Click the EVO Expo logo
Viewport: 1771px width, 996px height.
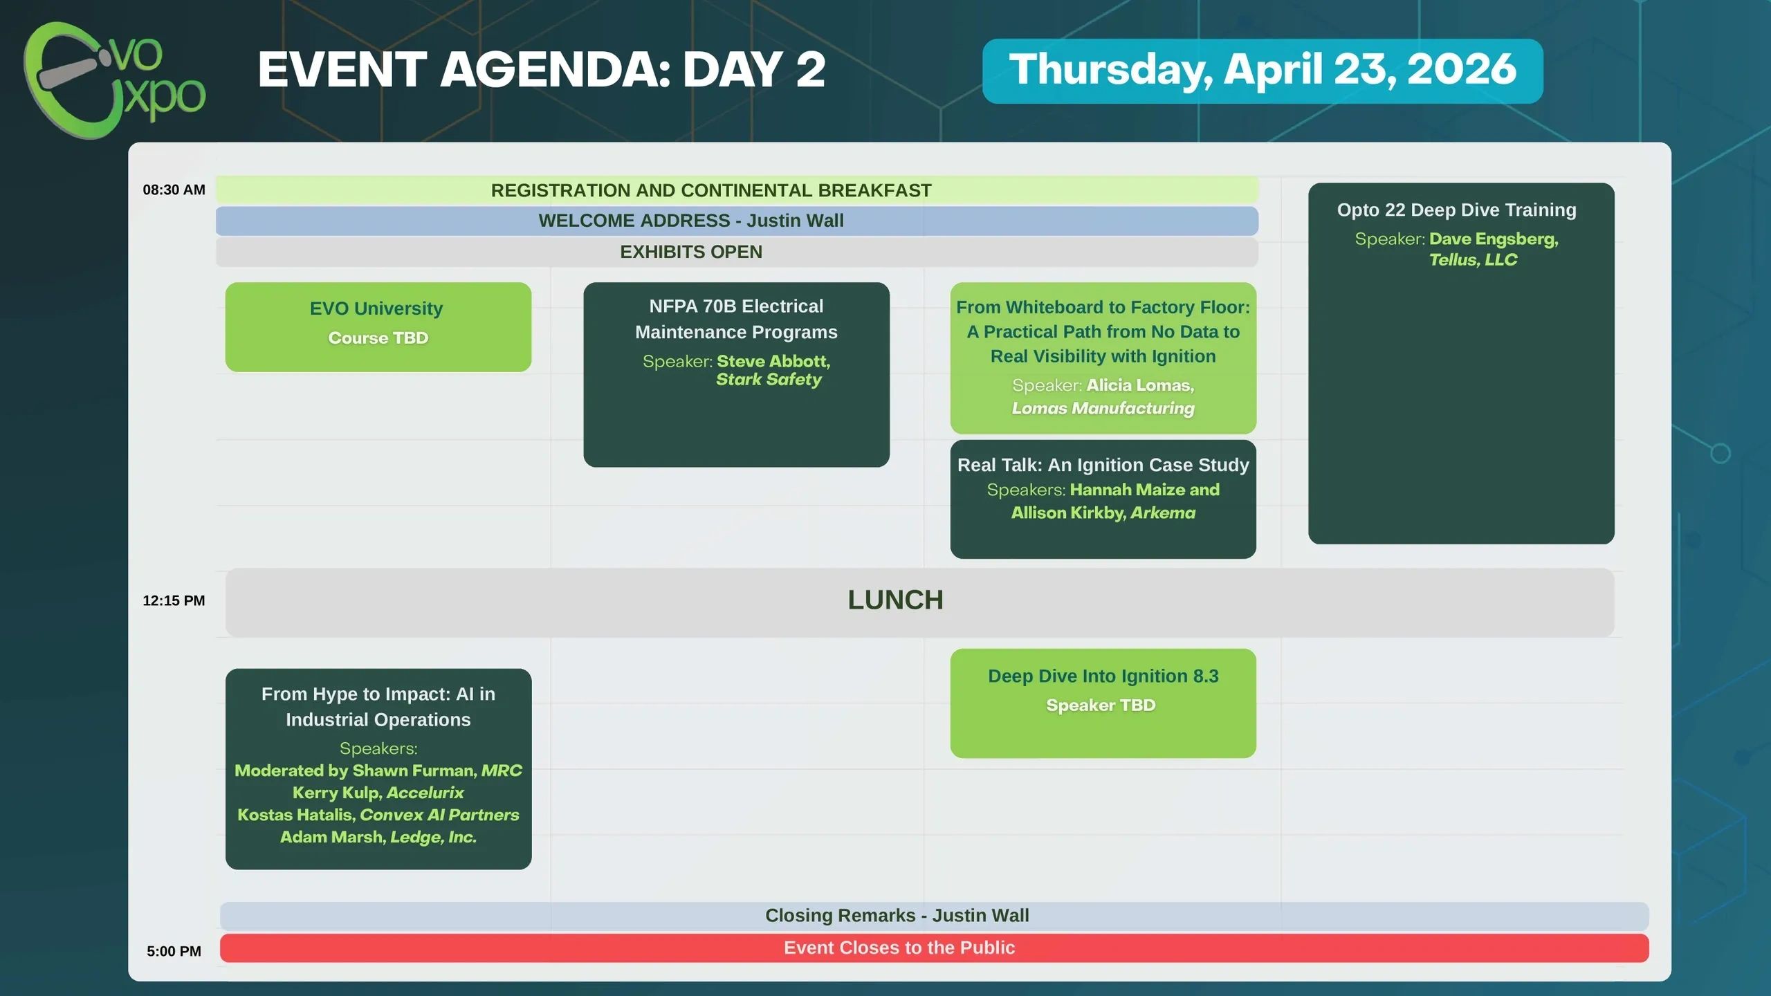[114, 80]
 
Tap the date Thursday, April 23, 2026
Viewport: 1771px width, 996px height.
[1263, 71]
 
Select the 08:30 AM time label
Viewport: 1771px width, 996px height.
[174, 190]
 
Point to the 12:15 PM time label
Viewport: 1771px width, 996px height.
[174, 600]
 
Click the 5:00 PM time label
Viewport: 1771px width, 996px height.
[174, 951]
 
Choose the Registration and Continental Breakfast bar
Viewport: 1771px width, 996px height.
[737, 190]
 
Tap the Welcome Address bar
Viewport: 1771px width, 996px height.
[737, 221]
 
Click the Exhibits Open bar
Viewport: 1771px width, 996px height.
[737, 252]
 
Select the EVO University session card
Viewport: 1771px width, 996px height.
[378, 326]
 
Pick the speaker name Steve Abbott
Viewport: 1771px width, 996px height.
[772, 361]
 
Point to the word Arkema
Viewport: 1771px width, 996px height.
[1163, 513]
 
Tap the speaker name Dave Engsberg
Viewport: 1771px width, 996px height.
[1494, 239]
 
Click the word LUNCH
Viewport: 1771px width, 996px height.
[895, 600]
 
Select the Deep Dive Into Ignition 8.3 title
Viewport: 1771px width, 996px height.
[1103, 676]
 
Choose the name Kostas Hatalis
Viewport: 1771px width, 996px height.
[296, 815]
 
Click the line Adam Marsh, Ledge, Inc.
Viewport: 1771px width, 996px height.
[378, 837]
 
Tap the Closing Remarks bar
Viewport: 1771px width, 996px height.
[934, 916]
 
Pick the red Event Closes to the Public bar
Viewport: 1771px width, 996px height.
[934, 948]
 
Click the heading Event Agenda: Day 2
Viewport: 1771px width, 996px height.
[542, 70]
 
